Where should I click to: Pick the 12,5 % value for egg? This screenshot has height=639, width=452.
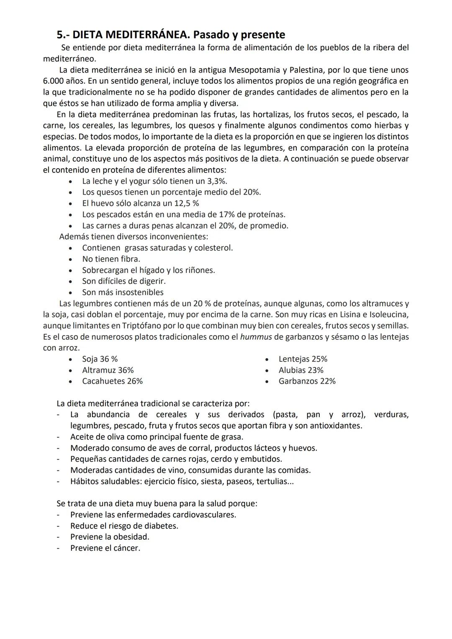point(187,203)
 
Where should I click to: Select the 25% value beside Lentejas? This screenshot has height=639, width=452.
point(319,359)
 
